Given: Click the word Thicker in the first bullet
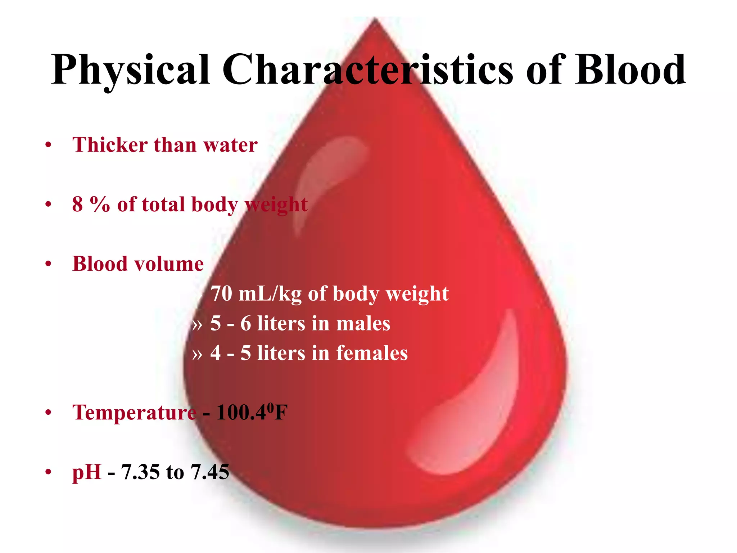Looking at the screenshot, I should (x=110, y=145).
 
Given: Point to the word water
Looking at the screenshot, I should (x=230, y=145).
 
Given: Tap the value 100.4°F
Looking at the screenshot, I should (x=252, y=412).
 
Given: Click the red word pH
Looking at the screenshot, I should (x=87, y=472).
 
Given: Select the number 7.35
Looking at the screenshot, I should (x=140, y=472).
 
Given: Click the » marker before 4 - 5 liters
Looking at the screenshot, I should (x=197, y=354).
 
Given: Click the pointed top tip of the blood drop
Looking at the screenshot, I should (x=375, y=20).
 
